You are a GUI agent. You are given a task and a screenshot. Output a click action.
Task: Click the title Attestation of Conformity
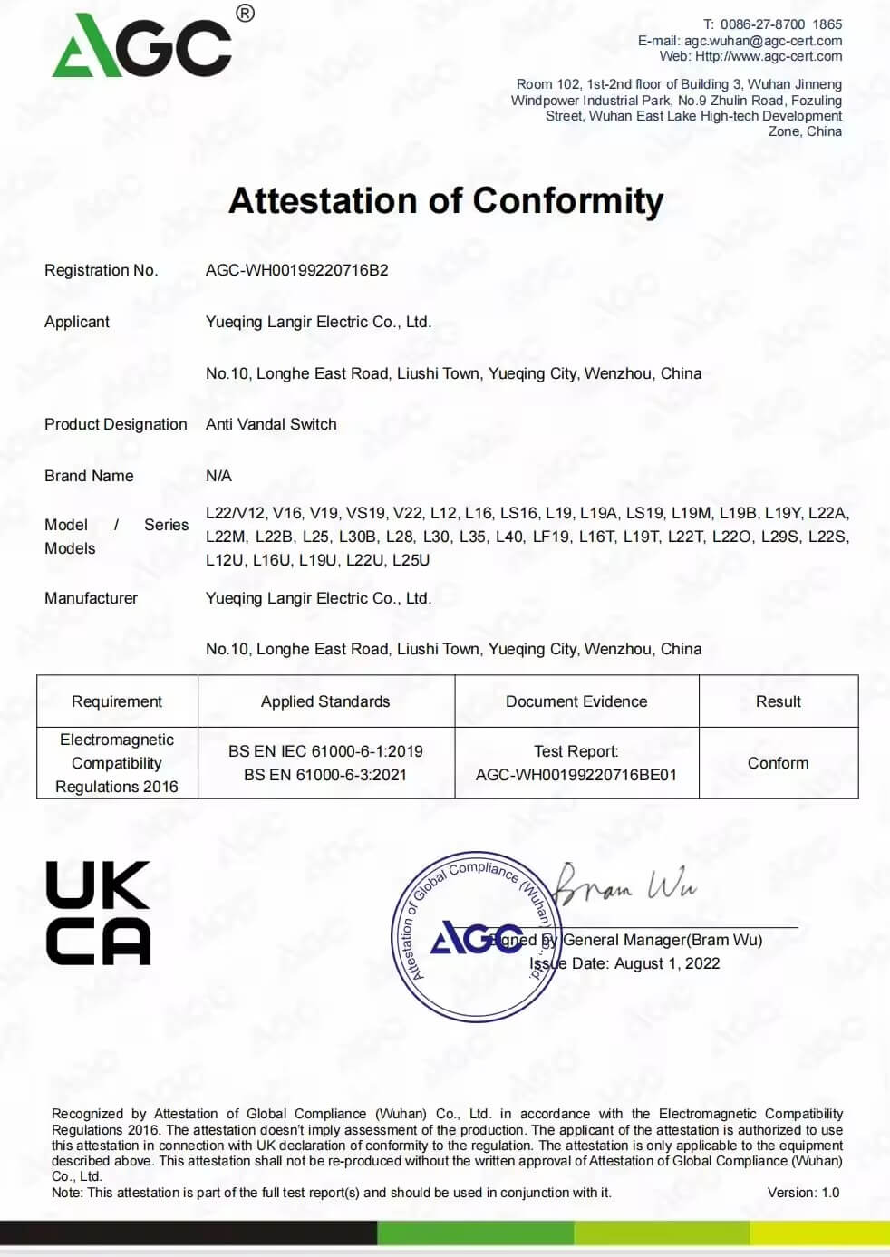(446, 201)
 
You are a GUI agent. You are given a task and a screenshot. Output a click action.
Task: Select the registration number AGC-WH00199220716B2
(296, 270)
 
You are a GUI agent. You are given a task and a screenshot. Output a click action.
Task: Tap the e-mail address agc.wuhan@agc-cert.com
(763, 41)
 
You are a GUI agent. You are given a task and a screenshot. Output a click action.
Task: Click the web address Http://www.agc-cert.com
(769, 56)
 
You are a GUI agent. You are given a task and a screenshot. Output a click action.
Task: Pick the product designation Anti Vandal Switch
(271, 424)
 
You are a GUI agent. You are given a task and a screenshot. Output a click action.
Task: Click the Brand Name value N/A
(218, 476)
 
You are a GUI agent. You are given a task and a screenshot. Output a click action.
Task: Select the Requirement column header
(117, 701)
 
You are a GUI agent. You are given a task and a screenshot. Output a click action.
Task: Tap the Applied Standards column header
(325, 701)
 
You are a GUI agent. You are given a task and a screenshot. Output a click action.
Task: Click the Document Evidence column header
(576, 701)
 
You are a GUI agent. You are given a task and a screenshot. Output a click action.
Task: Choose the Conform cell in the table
(778, 763)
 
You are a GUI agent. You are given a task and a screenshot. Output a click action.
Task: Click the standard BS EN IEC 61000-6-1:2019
(325, 751)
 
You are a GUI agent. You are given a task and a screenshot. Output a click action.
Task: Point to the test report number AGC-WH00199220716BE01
(576, 775)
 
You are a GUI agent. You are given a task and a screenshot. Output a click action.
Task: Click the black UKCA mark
(98, 913)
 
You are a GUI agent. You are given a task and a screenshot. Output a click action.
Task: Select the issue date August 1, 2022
(667, 963)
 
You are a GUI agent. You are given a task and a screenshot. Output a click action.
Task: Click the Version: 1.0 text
(803, 1193)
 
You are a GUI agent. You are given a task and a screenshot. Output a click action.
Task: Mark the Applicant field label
(77, 322)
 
